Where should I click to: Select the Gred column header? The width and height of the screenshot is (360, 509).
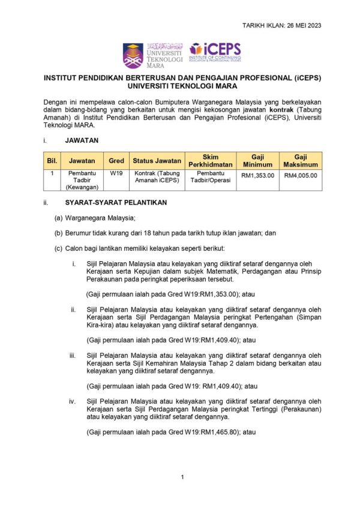pos(116,161)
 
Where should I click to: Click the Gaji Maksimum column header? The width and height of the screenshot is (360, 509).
pos(301,161)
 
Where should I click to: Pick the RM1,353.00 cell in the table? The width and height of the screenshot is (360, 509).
pos(257,175)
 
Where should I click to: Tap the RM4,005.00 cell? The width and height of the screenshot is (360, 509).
pos(301,175)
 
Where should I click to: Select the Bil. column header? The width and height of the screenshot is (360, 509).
pos(51,161)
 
